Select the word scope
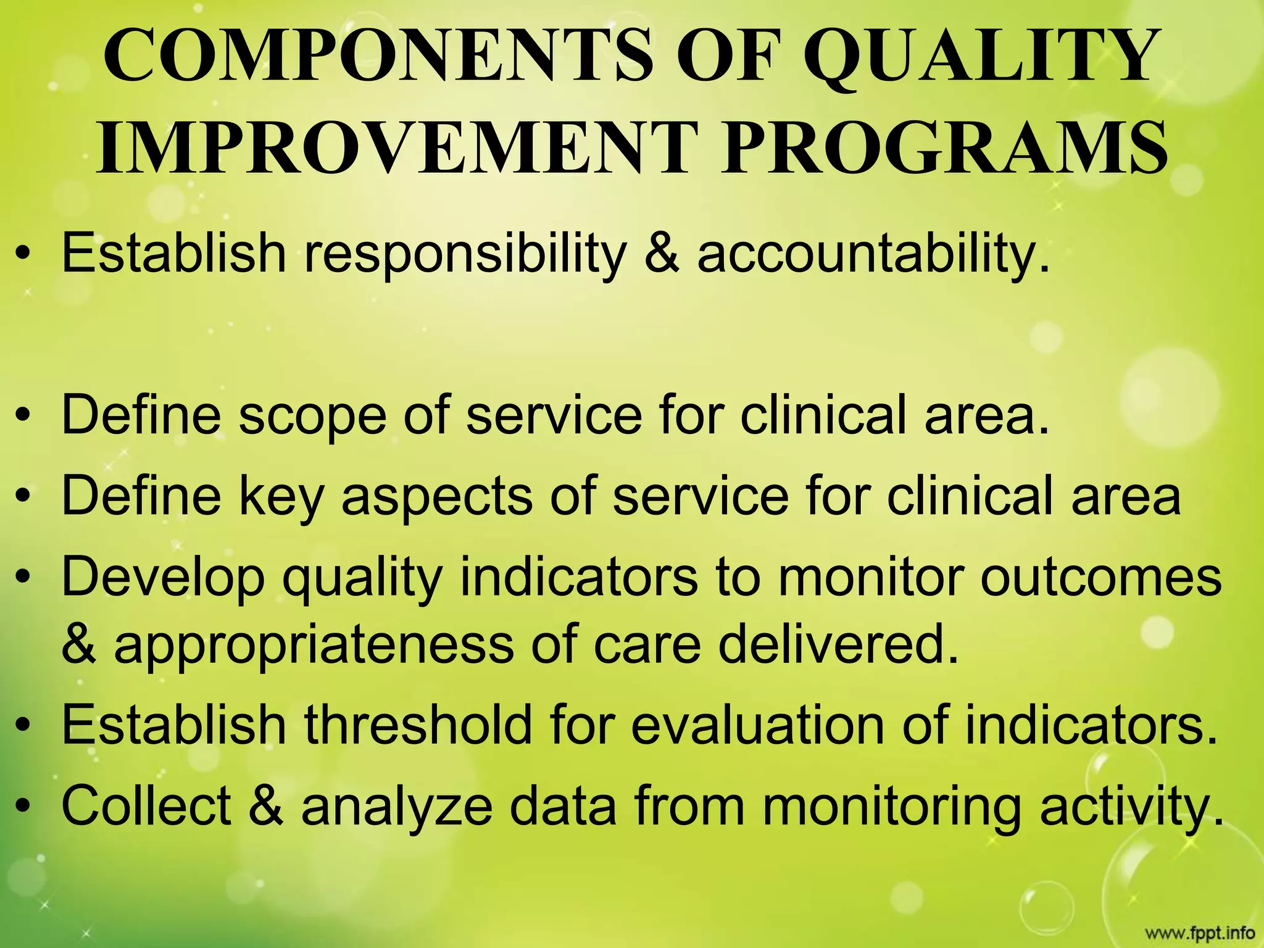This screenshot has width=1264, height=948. tap(312, 415)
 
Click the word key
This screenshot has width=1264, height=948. tap(281, 497)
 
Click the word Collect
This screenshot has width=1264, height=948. tap(147, 805)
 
